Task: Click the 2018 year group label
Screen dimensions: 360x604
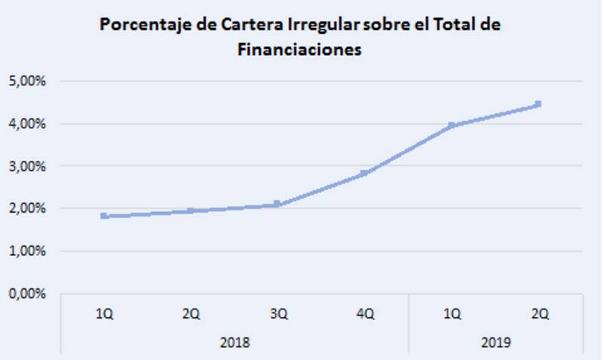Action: pyautogui.click(x=234, y=342)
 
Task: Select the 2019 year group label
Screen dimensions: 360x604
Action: pyautogui.click(x=495, y=342)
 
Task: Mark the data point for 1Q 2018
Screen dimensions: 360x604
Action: pyautogui.click(x=104, y=216)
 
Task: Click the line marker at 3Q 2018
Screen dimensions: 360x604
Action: pyautogui.click(x=278, y=204)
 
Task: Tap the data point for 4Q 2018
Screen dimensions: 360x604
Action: pyautogui.click(x=365, y=173)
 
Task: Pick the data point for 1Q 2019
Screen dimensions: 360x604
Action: pyautogui.click(x=451, y=125)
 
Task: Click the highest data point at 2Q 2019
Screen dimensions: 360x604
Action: pyautogui.click(x=538, y=104)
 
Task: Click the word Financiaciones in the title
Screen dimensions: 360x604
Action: pyautogui.click(x=300, y=50)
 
